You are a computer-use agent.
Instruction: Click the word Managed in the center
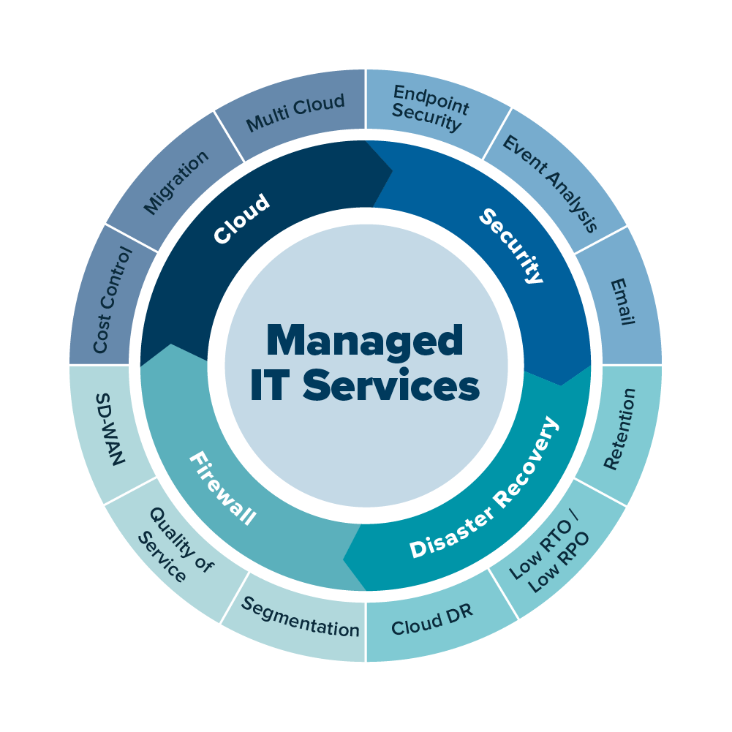[x=365, y=341]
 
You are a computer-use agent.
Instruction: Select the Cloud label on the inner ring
[x=241, y=219]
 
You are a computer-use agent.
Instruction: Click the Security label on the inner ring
[x=512, y=246]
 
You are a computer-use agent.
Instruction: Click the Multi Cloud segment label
[x=295, y=113]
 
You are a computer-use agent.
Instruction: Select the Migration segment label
[x=176, y=182]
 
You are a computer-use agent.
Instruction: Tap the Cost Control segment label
[x=113, y=300]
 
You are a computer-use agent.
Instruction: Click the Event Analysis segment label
[x=551, y=183]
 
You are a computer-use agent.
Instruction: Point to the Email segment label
[x=622, y=301]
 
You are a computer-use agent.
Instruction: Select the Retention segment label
[x=619, y=429]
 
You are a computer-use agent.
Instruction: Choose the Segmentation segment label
[x=301, y=617]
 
